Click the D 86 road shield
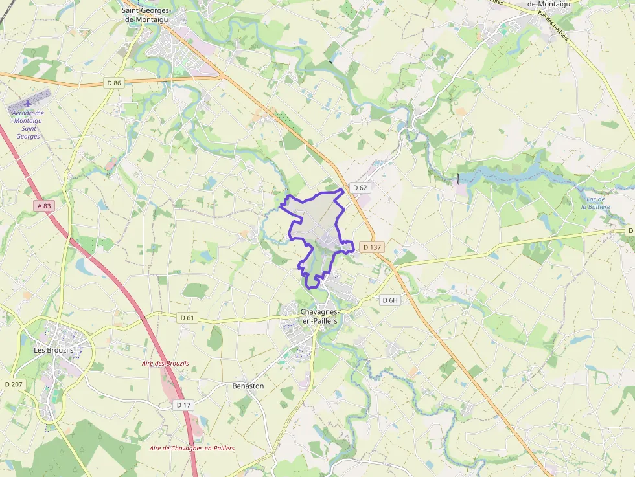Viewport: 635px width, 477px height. tap(114, 83)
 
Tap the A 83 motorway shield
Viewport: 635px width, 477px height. tap(44, 206)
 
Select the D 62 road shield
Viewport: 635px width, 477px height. tap(360, 188)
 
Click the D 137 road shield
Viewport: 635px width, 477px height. tap(373, 247)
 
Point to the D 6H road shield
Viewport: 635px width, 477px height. tap(389, 300)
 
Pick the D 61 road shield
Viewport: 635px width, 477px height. tap(187, 318)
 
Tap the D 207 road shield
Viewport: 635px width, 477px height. tap(13, 384)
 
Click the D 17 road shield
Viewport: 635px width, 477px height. tap(184, 405)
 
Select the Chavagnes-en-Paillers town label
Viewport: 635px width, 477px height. tap(321, 316)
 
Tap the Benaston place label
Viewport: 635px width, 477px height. tap(248, 386)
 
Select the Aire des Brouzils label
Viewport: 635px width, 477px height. tap(165, 364)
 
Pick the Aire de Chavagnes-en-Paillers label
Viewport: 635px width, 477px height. tap(192, 448)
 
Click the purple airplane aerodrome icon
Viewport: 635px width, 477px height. tap(27, 104)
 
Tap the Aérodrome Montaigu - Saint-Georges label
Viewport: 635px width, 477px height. tap(28, 124)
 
